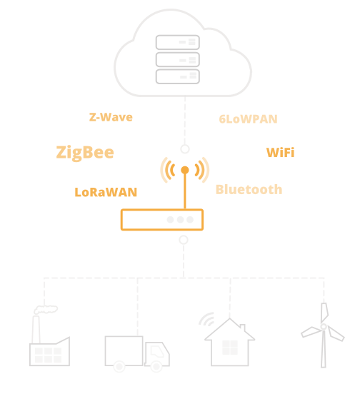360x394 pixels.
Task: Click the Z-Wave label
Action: click(x=111, y=117)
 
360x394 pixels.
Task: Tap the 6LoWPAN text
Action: click(x=248, y=119)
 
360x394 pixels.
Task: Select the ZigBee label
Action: click(x=85, y=153)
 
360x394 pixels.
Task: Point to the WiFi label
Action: click(x=280, y=153)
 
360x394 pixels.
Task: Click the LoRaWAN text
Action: click(x=106, y=192)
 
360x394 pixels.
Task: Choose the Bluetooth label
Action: click(x=249, y=189)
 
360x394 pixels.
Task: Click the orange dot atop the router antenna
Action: click(x=185, y=170)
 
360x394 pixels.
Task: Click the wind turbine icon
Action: click(x=323, y=335)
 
